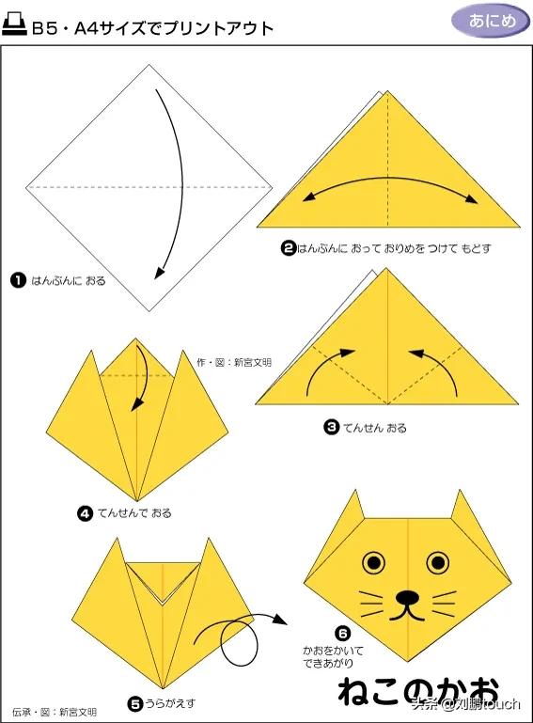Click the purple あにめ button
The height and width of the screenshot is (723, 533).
[x=490, y=21]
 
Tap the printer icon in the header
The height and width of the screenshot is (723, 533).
[x=14, y=24]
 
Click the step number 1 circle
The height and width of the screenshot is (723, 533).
[x=18, y=280]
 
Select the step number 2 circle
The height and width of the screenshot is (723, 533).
[x=288, y=248]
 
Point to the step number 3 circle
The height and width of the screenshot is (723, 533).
[x=331, y=428]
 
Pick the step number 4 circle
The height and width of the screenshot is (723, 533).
[x=86, y=513]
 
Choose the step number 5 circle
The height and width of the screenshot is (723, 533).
[x=135, y=704]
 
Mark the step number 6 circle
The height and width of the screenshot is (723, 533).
[x=342, y=634]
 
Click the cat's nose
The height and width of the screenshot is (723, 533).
[x=407, y=598]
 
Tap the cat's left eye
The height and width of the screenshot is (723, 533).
[x=373, y=562]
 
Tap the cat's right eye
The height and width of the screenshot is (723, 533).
[x=437, y=562]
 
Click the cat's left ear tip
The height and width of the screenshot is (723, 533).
[x=354, y=491]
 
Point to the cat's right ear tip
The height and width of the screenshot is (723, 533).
[x=460, y=491]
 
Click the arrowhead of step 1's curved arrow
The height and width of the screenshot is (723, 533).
[x=159, y=273]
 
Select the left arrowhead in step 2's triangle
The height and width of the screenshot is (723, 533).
[x=308, y=197]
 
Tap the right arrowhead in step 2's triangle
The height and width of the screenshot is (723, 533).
[x=472, y=198]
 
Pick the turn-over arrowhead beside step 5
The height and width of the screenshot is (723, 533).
[x=280, y=620]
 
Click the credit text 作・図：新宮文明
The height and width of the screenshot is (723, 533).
[x=234, y=362]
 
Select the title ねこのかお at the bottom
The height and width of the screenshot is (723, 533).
[x=418, y=691]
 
